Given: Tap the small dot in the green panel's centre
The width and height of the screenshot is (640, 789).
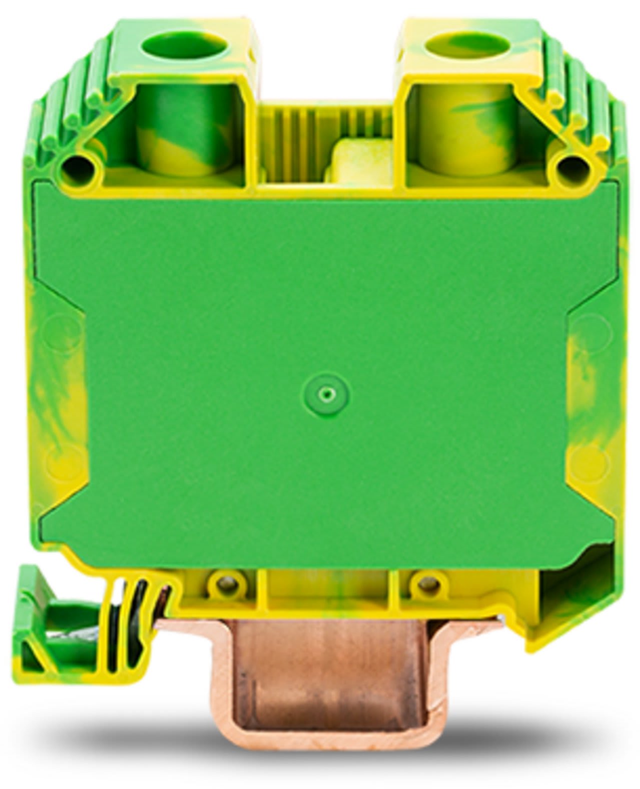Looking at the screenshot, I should [x=327, y=395].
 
